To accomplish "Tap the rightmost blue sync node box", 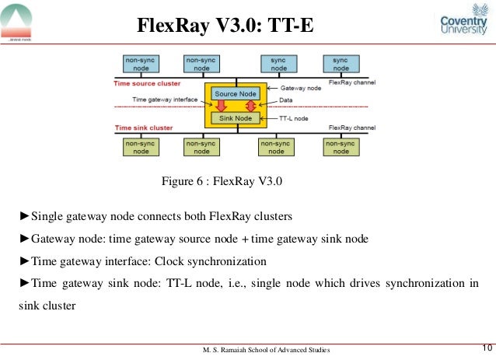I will pyautogui.click(x=341, y=64).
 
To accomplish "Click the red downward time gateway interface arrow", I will pyautogui.click(x=220, y=106).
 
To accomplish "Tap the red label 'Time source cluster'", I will pyautogui.click(x=148, y=82).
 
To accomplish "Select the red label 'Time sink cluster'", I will pyautogui.click(x=144, y=128).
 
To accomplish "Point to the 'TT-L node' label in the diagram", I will pyautogui.click(x=294, y=118).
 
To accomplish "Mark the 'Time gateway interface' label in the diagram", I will pyautogui.click(x=164, y=100).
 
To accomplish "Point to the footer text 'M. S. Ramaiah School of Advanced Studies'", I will pyautogui.click(x=265, y=351).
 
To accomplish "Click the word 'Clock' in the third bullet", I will pyautogui.click(x=174, y=260).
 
